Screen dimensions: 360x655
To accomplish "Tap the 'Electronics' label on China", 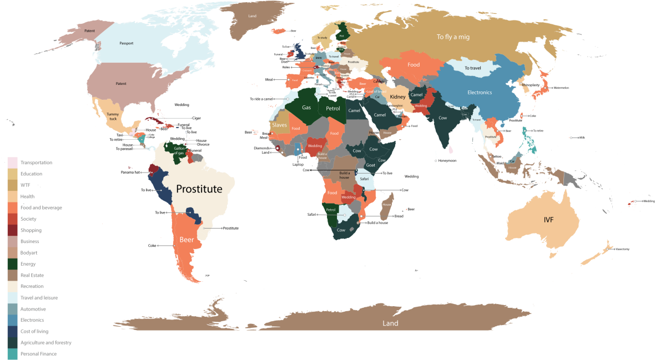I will point(479,93).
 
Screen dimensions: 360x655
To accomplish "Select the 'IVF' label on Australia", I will point(548,220).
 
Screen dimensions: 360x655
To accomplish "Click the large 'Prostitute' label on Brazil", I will point(199,189).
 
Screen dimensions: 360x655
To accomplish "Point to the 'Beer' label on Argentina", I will point(187,240).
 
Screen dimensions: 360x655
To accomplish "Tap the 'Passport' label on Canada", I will point(126,43).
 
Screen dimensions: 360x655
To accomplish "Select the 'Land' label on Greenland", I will point(252,16).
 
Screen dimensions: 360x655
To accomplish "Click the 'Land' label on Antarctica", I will point(390,323).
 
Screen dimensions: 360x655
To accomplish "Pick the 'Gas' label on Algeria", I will point(306,108).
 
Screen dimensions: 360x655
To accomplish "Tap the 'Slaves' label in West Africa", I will point(279,125).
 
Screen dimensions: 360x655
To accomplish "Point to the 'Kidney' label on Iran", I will point(397,97).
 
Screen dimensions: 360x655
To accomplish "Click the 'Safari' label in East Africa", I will point(364,179).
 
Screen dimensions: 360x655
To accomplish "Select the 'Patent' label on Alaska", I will point(89,31).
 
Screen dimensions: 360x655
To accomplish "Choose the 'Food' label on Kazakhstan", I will point(414,65).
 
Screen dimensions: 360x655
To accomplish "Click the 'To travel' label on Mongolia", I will point(472,68).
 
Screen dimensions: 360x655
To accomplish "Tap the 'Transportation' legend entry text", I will point(36,163).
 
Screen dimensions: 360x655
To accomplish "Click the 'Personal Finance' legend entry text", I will point(38,354).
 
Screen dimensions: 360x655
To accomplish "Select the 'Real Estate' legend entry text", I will point(32,275).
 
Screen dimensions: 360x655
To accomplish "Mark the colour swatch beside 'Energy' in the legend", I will point(12,264).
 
